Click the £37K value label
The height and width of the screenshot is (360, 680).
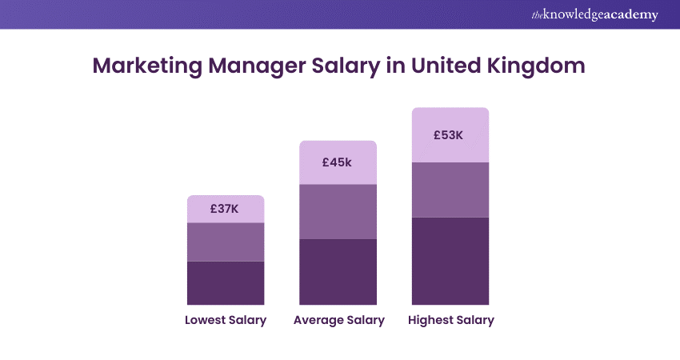pyautogui.click(x=225, y=209)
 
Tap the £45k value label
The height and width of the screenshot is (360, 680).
pyautogui.click(x=337, y=162)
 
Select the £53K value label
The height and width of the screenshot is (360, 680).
pyautogui.click(x=449, y=134)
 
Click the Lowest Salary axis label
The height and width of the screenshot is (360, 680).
pyautogui.click(x=226, y=320)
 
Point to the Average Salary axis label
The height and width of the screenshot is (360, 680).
pyautogui.click(x=339, y=320)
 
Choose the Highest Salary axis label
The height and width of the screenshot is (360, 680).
pyautogui.click(x=451, y=320)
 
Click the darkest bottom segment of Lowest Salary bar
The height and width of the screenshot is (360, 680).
pyautogui.click(x=226, y=282)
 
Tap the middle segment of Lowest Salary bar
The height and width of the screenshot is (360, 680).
pyautogui.click(x=226, y=242)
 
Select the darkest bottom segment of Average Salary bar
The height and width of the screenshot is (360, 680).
pyautogui.click(x=338, y=271)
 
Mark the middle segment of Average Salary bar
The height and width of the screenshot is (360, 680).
pyautogui.click(x=338, y=211)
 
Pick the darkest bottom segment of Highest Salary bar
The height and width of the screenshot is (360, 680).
pyautogui.click(x=450, y=260)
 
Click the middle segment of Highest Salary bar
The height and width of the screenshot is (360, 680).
pyautogui.click(x=450, y=190)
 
